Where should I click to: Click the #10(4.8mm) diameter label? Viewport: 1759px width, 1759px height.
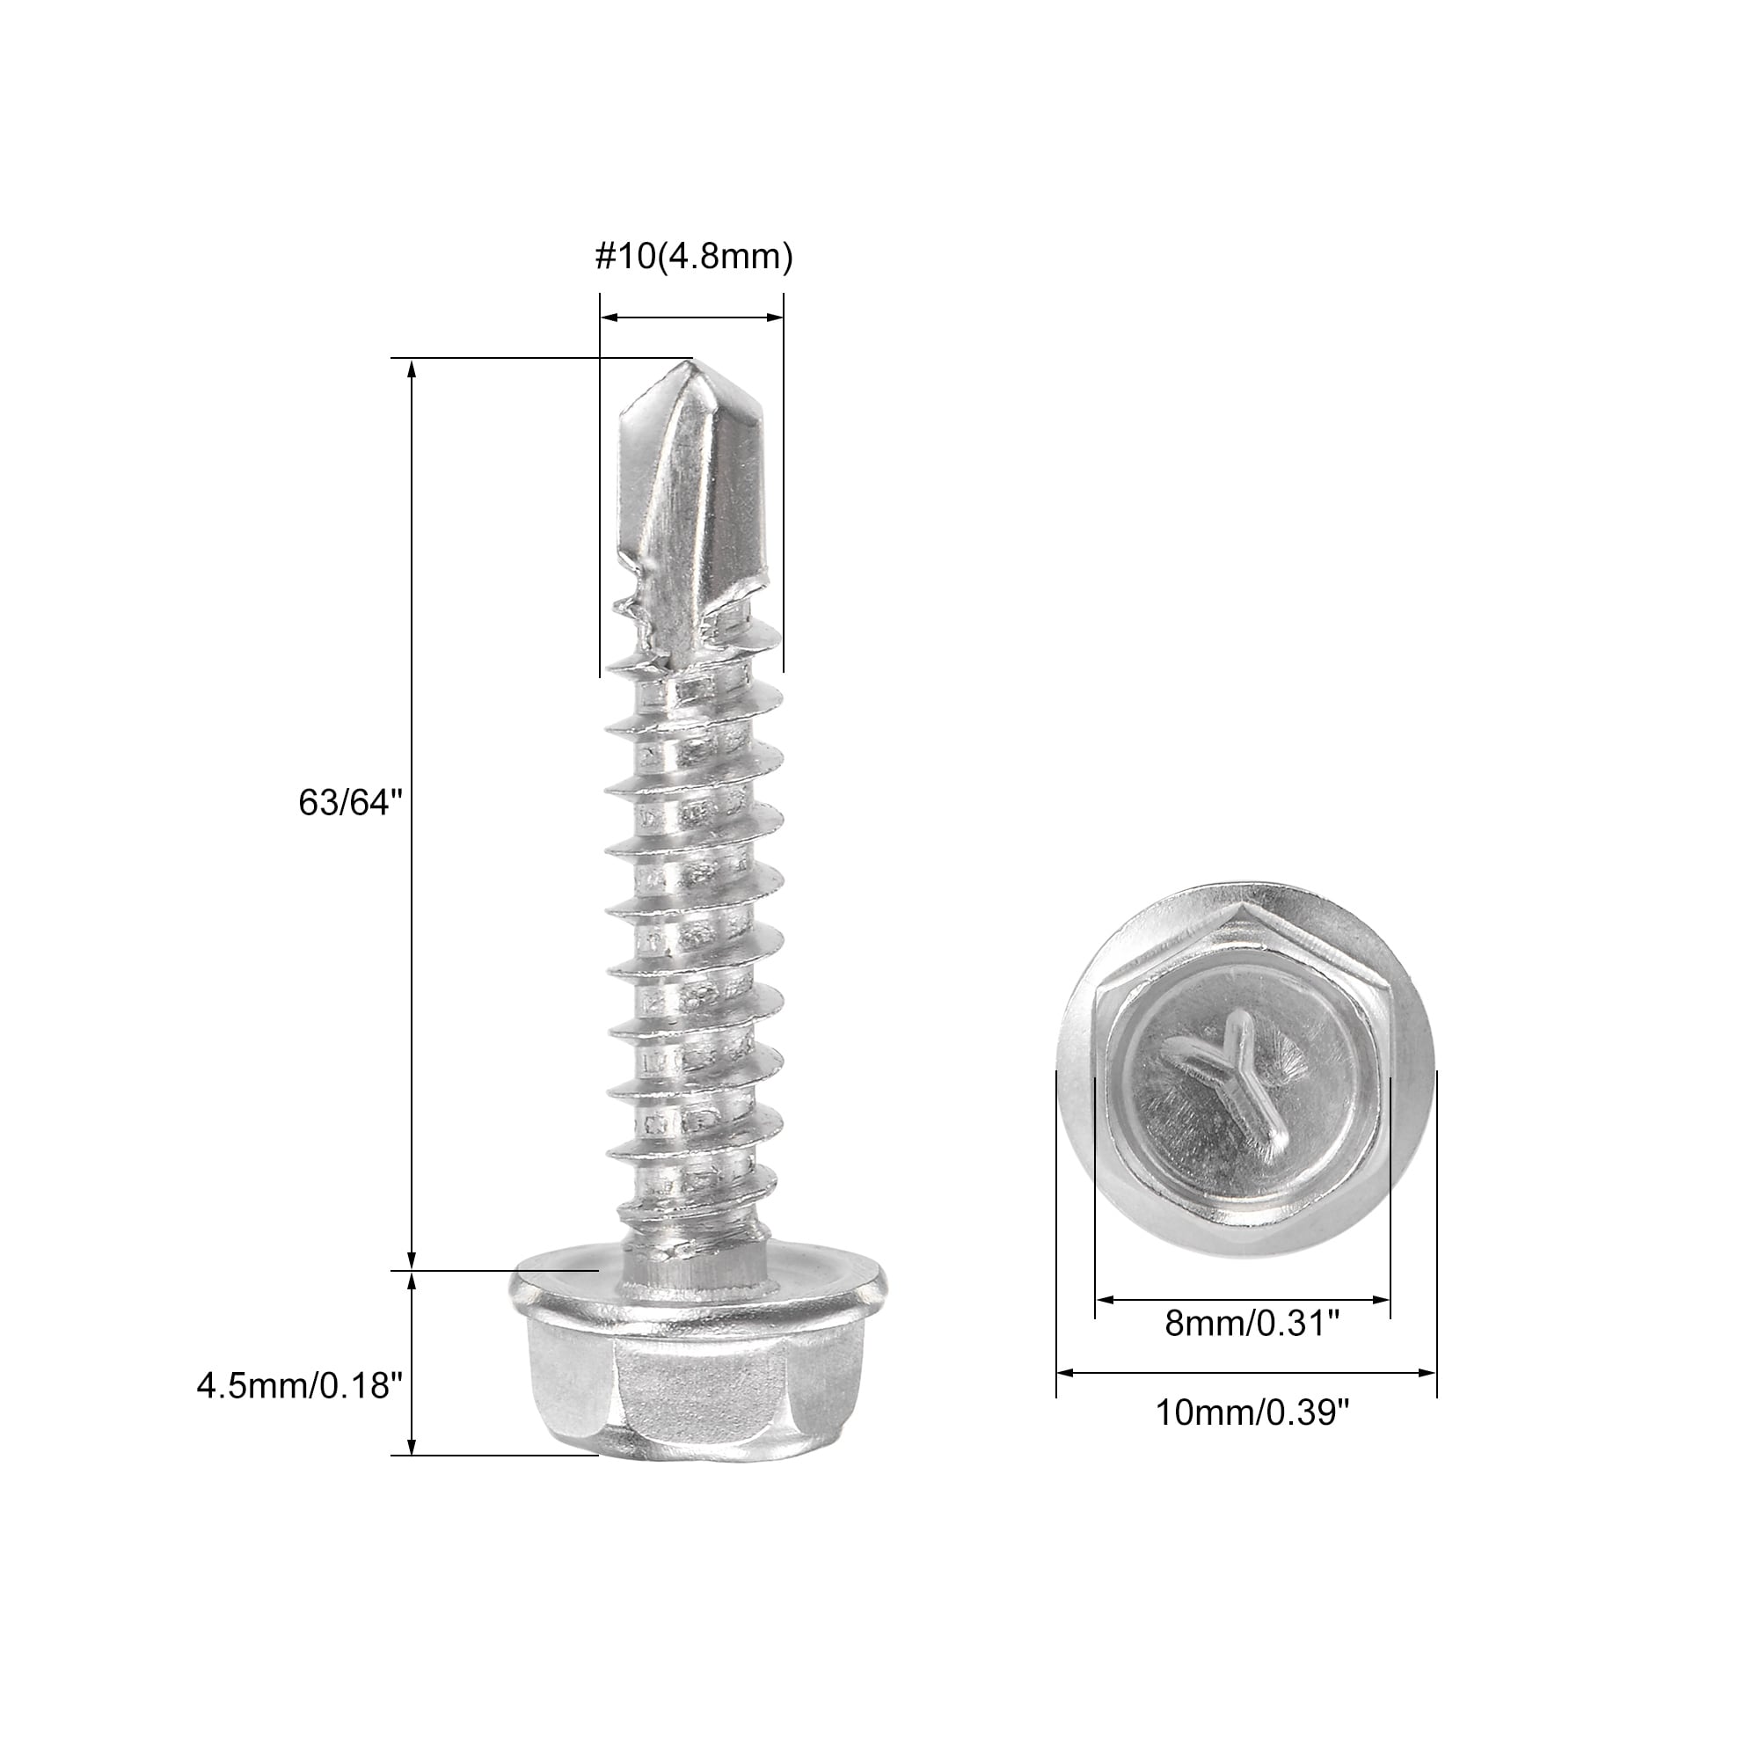pyautogui.click(x=694, y=258)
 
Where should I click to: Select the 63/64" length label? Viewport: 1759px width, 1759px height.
pyautogui.click(x=351, y=802)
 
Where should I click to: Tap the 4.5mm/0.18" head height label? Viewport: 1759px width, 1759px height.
pyautogui.click(x=300, y=1386)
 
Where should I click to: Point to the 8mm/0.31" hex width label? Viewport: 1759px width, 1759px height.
pyautogui.click(x=1252, y=1349)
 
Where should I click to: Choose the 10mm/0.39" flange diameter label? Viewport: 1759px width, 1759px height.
pyautogui.click(x=1252, y=1439)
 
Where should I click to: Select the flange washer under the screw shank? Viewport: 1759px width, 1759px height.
pyautogui.click(x=697, y=1284)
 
